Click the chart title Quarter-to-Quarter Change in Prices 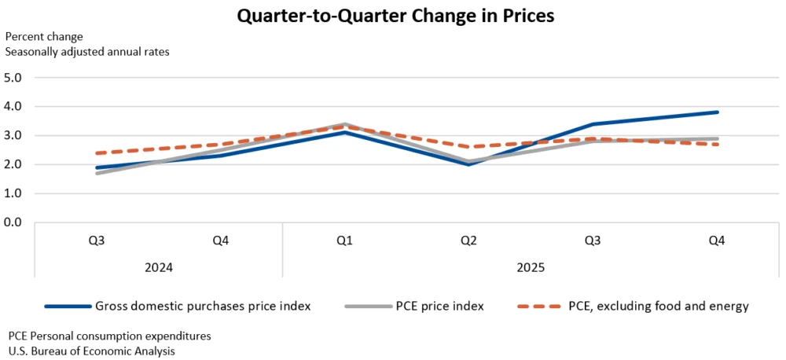click(393, 15)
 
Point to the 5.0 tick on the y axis click(14, 78)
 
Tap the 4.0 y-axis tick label click(14, 106)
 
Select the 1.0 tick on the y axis click(14, 193)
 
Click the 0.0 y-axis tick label click(14, 222)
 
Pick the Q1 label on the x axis click(344, 241)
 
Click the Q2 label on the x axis click(468, 241)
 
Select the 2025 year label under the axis click(531, 267)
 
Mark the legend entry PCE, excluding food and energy click(658, 306)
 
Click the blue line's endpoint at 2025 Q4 click(718, 112)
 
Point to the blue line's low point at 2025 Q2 click(468, 164)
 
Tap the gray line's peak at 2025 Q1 click(344, 124)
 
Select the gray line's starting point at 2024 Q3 click(97, 173)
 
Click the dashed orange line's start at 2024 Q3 click(97, 153)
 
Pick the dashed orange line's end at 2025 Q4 click(718, 144)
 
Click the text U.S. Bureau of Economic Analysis click(91, 351)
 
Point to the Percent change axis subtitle click(44, 36)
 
